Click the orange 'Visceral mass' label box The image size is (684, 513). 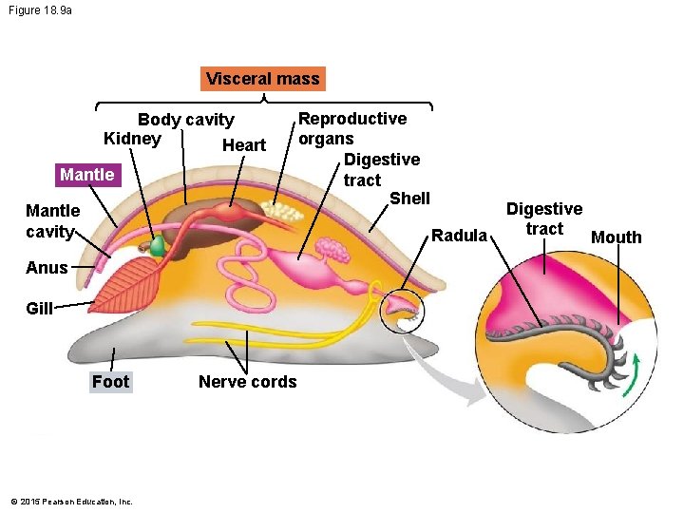click(x=263, y=78)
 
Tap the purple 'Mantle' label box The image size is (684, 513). click(x=86, y=175)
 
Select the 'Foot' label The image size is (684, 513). click(x=110, y=382)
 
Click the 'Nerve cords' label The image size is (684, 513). click(x=247, y=382)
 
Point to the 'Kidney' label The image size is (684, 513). click(x=132, y=139)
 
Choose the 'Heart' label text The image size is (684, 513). click(x=243, y=145)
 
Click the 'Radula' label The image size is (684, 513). click(x=460, y=235)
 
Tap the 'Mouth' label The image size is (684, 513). click(x=617, y=237)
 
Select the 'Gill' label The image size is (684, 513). click(x=40, y=308)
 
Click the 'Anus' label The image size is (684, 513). click(x=47, y=267)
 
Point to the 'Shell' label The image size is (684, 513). click(x=410, y=199)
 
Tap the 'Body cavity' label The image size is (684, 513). click(x=186, y=120)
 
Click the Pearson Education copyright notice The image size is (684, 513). click(x=71, y=502)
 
